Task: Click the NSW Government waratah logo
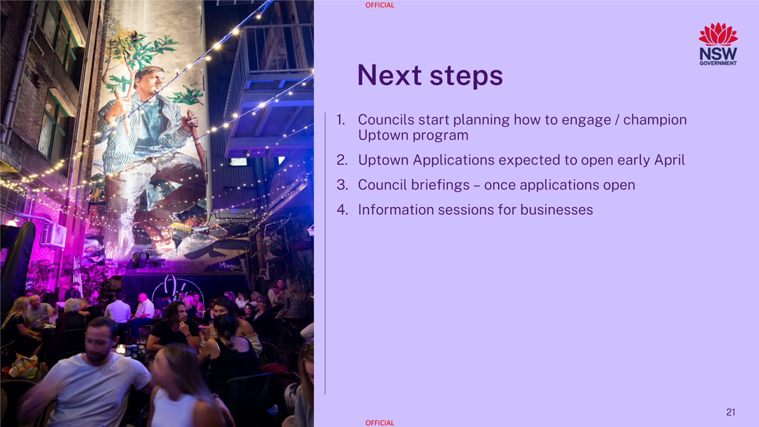tap(718, 44)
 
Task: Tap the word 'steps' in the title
tap(466, 77)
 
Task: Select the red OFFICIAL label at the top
tap(379, 5)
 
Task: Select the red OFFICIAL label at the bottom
tap(379, 423)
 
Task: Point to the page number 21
tap(731, 412)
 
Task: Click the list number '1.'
tap(342, 120)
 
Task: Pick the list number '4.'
tap(342, 210)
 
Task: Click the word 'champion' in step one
tap(655, 121)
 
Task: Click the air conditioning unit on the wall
tap(53, 235)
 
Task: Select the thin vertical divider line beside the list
tap(325, 253)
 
